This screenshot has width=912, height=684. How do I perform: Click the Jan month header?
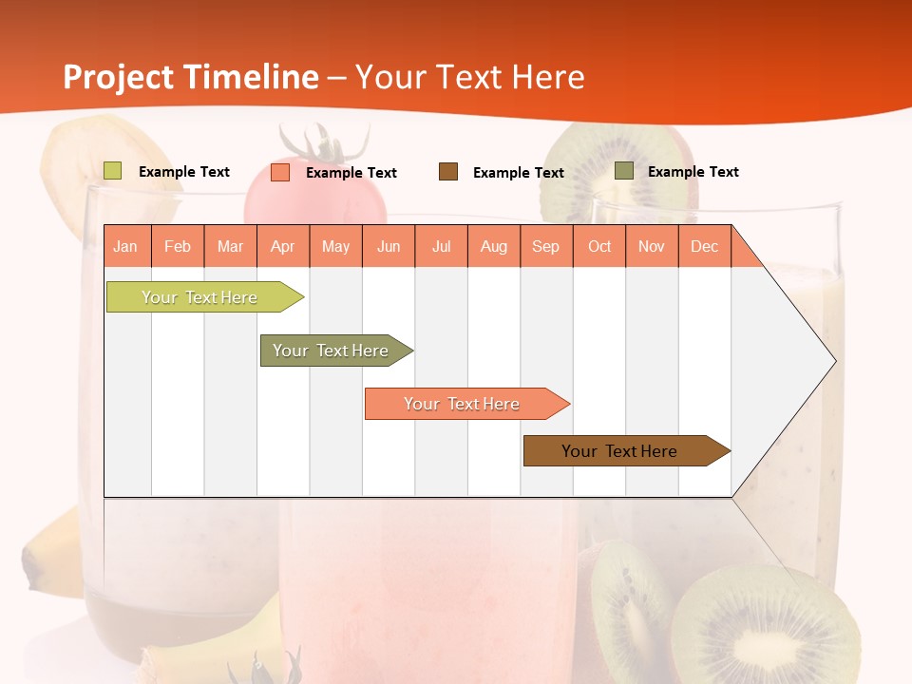(126, 246)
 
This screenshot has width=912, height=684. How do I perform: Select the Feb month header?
(178, 246)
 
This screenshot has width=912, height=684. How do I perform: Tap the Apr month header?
(283, 246)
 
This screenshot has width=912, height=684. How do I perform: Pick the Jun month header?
(389, 246)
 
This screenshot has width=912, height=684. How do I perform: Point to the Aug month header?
(494, 246)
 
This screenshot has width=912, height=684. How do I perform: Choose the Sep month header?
(546, 246)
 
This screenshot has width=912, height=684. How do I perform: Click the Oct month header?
(599, 246)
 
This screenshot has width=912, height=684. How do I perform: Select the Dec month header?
(705, 246)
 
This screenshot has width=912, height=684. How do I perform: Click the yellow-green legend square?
(113, 171)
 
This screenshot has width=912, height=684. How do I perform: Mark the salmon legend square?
(280, 172)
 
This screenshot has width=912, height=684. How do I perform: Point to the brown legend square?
(448, 172)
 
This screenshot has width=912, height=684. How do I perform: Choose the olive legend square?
(624, 171)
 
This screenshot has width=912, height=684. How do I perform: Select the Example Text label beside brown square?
(518, 173)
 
